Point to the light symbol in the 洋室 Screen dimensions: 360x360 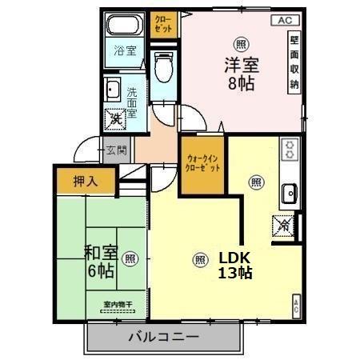[241, 43]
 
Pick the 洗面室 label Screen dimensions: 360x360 [132, 102]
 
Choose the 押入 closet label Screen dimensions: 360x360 [86, 181]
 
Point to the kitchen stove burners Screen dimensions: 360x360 [289, 149]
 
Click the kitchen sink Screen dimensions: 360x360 [290, 192]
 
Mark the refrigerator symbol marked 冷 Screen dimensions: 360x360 [283, 226]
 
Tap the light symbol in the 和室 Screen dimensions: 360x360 [130, 258]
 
